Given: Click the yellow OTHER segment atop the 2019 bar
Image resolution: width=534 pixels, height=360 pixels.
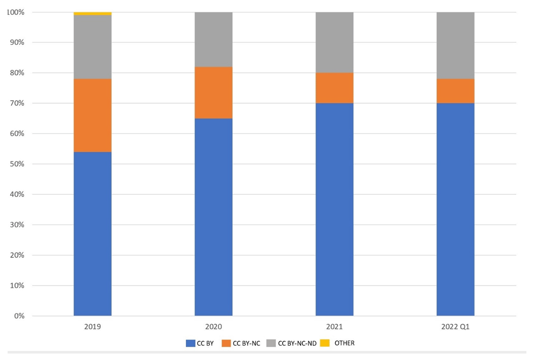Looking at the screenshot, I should click(x=93, y=13).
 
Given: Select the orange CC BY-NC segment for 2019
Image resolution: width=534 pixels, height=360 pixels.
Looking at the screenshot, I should click(x=93, y=115).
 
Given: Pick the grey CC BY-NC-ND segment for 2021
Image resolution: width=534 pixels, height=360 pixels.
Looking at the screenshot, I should click(x=335, y=42).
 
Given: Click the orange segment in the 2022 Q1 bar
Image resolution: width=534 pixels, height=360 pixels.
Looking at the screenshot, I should click(x=455, y=91).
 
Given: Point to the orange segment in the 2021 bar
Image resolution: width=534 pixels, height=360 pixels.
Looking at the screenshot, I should click(x=335, y=88).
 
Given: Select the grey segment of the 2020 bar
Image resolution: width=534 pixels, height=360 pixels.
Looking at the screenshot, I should click(x=214, y=40).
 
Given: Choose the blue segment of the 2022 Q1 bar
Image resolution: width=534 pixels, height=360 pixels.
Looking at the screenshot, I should click(x=455, y=209).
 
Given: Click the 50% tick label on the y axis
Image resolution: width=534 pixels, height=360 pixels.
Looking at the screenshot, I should click(x=16, y=164).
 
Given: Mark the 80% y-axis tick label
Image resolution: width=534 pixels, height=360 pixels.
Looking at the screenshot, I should click(x=16, y=73).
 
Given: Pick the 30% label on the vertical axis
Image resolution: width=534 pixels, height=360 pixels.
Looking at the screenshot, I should click(x=16, y=225).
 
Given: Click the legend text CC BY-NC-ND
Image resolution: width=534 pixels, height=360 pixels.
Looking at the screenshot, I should click(x=297, y=343).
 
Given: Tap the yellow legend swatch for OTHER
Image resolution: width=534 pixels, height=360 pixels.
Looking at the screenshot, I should click(x=325, y=343).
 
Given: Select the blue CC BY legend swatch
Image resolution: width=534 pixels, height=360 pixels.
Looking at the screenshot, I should click(x=190, y=343).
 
